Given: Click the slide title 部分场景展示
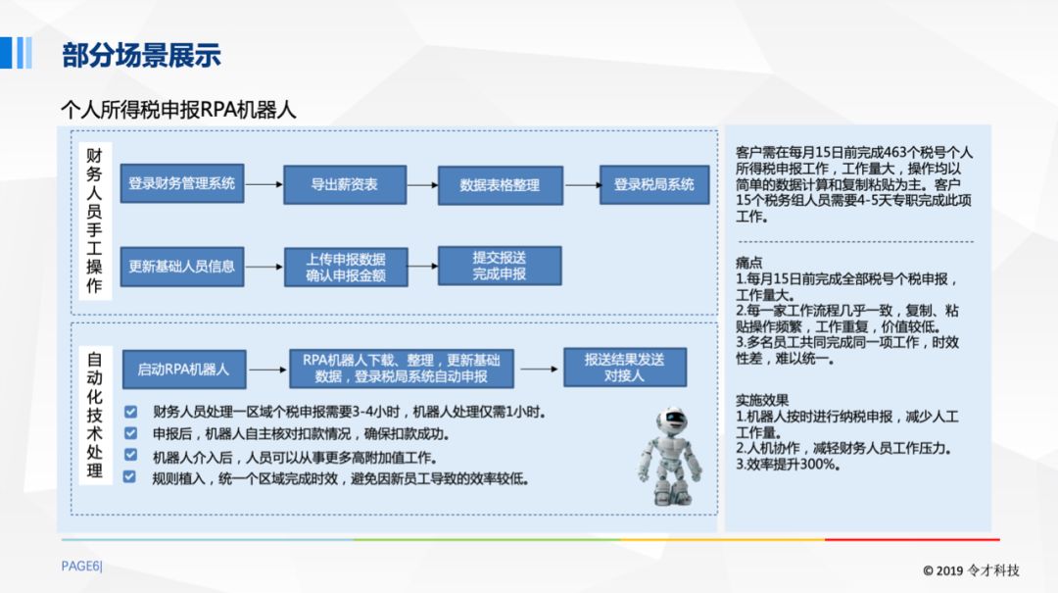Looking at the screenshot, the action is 141,55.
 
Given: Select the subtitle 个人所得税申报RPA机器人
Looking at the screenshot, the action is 178,109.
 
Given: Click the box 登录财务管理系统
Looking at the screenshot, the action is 182,184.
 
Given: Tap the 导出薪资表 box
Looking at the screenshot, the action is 345,184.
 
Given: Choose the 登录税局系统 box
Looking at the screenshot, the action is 653,184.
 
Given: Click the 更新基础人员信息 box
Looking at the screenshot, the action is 182,266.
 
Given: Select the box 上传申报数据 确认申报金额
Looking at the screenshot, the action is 345,267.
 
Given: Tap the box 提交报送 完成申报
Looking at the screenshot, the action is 500,266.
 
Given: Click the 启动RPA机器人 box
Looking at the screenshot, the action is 183,369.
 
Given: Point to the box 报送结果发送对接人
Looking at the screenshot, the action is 624,368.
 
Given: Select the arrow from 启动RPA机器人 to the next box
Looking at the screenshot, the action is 265,370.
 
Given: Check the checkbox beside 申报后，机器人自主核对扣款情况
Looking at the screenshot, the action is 130,433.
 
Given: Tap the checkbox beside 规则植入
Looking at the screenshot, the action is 130,477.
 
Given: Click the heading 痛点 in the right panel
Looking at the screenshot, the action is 749,263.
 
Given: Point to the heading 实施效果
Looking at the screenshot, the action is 762,400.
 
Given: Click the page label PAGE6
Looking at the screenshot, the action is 81,566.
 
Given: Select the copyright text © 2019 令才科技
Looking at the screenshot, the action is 971,570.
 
